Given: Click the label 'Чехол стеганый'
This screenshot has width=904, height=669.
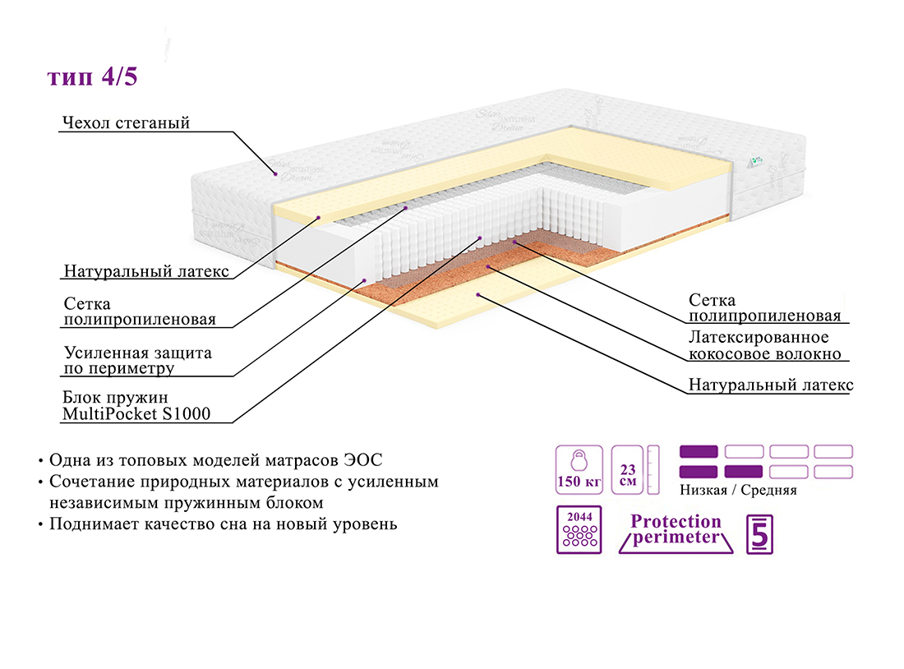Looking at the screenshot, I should [x=126, y=123].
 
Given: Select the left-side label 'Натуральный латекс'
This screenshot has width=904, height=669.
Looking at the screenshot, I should [x=146, y=272].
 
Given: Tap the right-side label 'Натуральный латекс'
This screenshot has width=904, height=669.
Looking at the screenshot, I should [x=771, y=385].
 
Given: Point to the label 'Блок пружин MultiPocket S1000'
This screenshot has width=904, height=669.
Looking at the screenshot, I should [x=136, y=406].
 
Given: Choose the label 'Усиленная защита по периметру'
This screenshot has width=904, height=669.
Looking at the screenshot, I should [x=138, y=360].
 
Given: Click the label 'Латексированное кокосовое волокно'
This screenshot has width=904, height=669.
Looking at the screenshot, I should [x=765, y=346].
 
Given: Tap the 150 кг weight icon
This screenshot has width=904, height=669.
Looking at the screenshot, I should [x=579, y=469].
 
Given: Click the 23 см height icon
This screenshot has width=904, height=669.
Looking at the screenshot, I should [x=629, y=469].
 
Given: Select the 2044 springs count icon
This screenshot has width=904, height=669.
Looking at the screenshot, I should [x=579, y=530].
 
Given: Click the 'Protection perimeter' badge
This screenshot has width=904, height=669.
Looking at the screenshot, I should [x=675, y=530].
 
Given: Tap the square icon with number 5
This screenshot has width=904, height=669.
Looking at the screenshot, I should [x=759, y=534].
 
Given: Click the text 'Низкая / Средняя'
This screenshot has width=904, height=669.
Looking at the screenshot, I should [x=738, y=491].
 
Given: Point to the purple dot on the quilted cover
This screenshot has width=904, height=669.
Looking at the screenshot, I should [x=274, y=173].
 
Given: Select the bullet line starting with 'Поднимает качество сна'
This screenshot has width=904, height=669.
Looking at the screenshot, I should [x=223, y=524].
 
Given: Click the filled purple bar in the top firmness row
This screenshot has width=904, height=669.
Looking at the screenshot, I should [x=699, y=451].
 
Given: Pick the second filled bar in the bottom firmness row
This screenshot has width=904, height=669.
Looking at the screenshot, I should [x=744, y=472].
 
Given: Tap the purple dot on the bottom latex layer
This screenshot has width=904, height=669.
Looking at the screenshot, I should [x=477, y=293].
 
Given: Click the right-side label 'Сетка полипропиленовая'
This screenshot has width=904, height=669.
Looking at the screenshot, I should [x=764, y=308].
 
